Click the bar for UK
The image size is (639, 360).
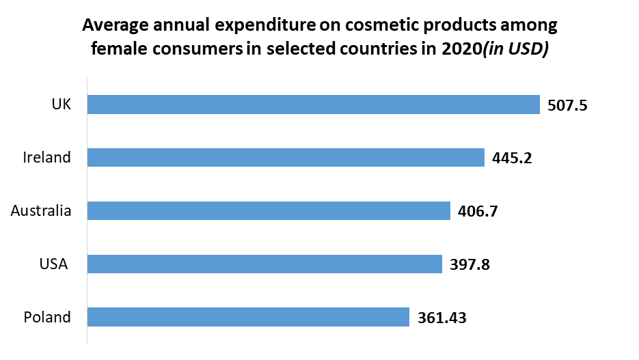[x=314, y=105]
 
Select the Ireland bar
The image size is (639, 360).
[x=286, y=158]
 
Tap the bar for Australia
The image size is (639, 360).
[x=269, y=210]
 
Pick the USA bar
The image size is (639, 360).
[x=264, y=264]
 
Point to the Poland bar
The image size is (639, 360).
[x=248, y=317]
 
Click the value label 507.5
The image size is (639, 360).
[x=568, y=105]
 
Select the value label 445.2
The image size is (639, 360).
[x=512, y=158]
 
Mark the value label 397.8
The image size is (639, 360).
[x=470, y=264]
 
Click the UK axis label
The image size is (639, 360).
[x=61, y=105]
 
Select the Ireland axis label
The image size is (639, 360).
[x=46, y=158]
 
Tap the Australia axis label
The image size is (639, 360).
[x=41, y=210]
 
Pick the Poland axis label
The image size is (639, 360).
[x=46, y=317]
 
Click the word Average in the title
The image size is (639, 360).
[x=115, y=27]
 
